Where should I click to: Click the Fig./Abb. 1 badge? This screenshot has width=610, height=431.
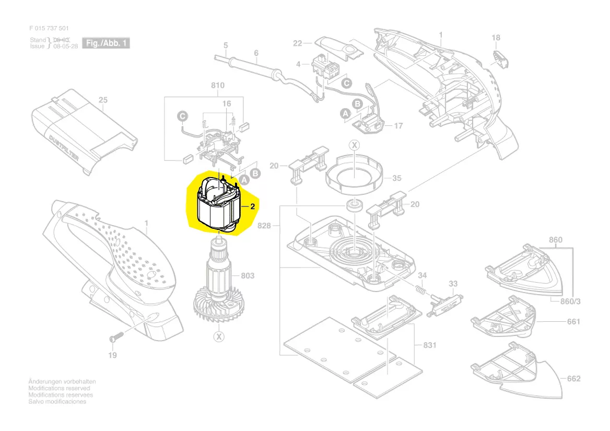[106, 43]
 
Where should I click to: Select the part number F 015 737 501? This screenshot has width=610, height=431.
[49, 29]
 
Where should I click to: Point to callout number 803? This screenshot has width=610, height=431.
[247, 276]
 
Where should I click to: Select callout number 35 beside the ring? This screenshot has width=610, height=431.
[397, 178]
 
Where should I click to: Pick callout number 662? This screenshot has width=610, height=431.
[573, 379]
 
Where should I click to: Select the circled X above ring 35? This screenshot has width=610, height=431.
[354, 145]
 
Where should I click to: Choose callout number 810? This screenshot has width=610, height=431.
[217, 86]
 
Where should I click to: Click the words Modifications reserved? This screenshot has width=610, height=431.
[59, 388]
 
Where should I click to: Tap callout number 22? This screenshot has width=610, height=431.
[298, 43]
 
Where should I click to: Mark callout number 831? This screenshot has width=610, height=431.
[430, 345]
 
